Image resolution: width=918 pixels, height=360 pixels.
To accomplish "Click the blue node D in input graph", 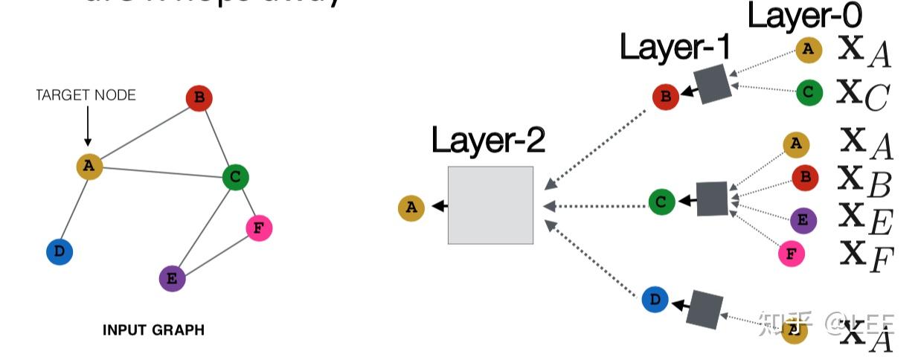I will (x=60, y=252).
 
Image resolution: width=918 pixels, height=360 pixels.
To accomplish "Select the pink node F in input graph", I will (x=258, y=228).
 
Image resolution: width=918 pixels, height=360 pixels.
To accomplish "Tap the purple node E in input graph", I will (x=172, y=279).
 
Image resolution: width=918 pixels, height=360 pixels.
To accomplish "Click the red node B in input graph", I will (x=199, y=98).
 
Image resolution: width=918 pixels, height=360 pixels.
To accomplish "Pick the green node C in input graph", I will (x=235, y=177).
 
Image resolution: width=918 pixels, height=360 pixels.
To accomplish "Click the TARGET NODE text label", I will (x=86, y=95).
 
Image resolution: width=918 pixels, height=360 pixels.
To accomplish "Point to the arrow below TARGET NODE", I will (x=87, y=126).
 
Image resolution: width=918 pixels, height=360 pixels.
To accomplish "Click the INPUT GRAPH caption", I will (x=153, y=330).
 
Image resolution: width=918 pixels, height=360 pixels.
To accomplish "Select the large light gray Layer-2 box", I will (x=490, y=205).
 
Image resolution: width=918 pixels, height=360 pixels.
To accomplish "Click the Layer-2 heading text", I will (x=488, y=140).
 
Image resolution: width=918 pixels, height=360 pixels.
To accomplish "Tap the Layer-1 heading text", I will (x=675, y=48).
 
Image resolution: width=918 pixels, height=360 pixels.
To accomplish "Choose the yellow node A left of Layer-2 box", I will (x=411, y=208).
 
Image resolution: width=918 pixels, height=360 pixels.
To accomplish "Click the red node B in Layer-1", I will (x=665, y=97).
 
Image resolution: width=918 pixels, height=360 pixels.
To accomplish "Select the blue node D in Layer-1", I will (x=655, y=300).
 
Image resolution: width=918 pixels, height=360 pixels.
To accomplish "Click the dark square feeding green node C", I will (x=712, y=199).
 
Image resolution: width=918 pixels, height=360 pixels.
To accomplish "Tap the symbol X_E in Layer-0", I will (x=866, y=220).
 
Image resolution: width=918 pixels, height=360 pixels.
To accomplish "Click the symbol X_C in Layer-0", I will (x=863, y=94).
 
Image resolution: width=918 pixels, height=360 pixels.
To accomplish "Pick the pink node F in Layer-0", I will (x=792, y=254).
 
